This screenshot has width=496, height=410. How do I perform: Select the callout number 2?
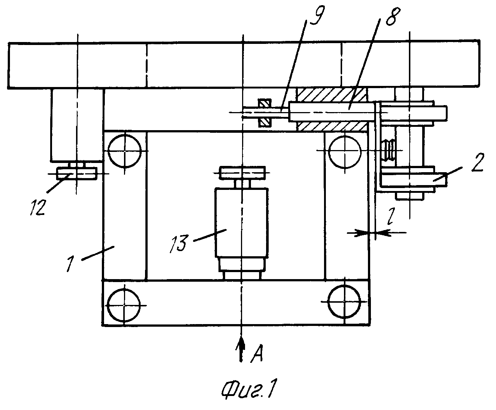point(478,162)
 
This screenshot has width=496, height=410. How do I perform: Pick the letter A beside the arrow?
point(257,354)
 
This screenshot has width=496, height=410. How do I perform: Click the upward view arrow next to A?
point(241,350)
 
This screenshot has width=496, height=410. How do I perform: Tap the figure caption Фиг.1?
point(249,390)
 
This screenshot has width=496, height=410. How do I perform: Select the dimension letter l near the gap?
point(390,216)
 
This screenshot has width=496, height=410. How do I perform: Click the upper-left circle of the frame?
point(124,152)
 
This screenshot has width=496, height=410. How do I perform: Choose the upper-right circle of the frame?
point(345,151)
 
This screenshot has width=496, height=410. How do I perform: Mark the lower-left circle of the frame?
point(124,305)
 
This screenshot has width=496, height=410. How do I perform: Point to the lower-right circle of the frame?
point(344,302)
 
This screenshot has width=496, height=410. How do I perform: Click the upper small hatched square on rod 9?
point(265,103)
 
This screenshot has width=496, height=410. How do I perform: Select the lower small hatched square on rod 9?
point(265,122)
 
